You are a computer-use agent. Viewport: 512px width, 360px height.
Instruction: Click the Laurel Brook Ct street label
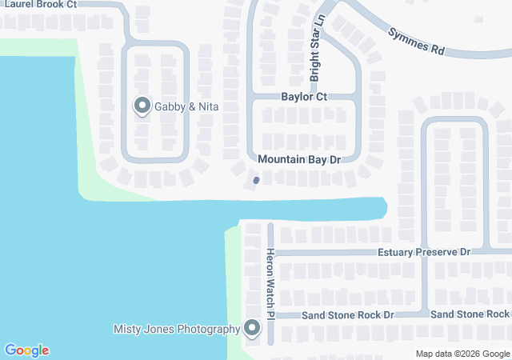pos(39,4)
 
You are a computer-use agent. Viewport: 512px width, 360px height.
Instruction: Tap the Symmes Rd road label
pos(416,42)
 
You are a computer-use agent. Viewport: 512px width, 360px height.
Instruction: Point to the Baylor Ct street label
pos(304,97)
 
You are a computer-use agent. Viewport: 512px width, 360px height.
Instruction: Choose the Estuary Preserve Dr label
pos(424,252)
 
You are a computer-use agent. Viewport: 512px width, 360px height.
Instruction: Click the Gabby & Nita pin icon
pos(142,105)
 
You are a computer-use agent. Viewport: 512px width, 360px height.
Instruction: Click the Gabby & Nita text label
pos(187,106)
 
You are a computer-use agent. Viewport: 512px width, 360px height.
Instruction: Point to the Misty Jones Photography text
pos(177,329)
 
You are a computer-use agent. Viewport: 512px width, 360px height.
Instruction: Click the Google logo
pos(26,350)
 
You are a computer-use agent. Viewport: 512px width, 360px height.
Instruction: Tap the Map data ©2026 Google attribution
pos(462,354)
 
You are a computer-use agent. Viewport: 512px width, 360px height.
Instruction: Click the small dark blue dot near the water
pos(256,180)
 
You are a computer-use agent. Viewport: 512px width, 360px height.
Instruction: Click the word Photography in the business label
pos(208,329)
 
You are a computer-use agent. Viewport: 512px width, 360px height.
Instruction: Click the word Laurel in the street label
pos(16,4)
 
